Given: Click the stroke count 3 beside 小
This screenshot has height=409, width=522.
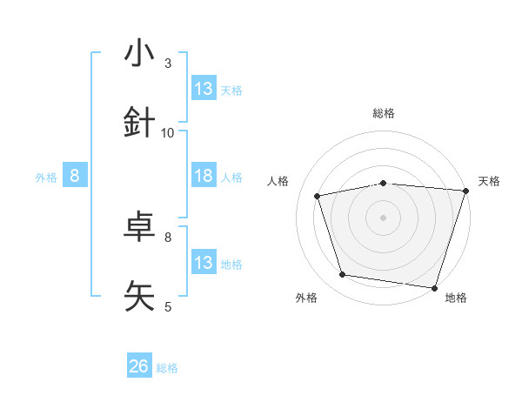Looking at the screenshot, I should click(x=168, y=64).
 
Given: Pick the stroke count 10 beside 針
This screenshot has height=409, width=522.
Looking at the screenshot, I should click(x=168, y=133).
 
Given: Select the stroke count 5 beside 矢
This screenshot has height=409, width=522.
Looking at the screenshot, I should click(x=168, y=306).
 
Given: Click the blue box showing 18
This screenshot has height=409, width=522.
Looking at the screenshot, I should click(x=204, y=176).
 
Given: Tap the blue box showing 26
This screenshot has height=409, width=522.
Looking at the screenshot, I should click(x=139, y=367).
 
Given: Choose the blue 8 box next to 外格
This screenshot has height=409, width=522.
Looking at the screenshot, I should click(x=75, y=176).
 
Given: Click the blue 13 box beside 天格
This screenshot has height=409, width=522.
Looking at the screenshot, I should click(x=204, y=89).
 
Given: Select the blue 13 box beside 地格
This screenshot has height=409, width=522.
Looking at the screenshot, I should click(x=204, y=263).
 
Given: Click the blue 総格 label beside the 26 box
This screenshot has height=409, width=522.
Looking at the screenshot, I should click(x=167, y=368).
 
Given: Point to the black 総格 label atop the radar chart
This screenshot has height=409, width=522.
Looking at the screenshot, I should click(x=384, y=113).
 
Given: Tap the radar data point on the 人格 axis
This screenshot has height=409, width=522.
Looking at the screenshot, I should click(x=318, y=196).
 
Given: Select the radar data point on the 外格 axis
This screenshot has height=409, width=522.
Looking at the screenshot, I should click(x=343, y=275).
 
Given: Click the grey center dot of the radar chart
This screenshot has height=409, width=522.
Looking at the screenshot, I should click(x=384, y=218).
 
